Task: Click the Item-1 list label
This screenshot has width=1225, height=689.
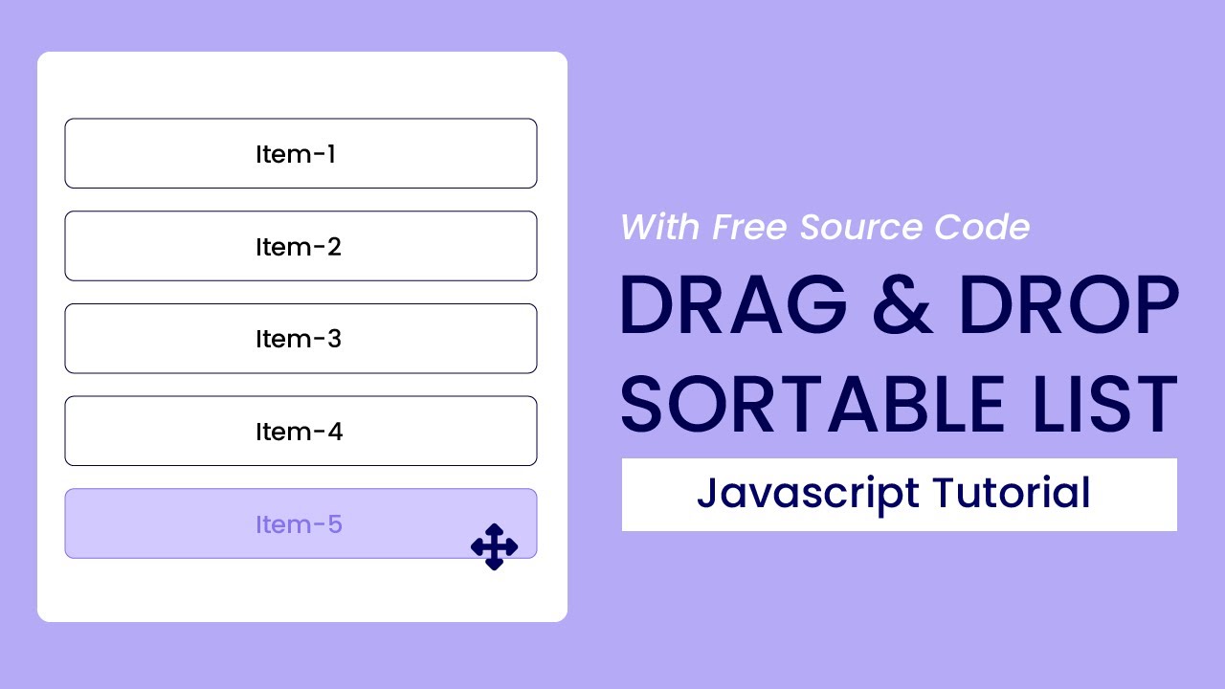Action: pos(295,154)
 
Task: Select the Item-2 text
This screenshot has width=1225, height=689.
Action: pos(298,247)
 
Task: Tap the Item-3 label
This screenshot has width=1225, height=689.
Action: pos(298,339)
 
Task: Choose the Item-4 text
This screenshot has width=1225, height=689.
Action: pos(299,432)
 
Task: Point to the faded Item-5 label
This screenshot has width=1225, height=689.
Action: pos(299,524)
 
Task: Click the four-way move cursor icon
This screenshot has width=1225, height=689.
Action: pos(494,546)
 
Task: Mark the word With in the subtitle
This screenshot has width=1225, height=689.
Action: pos(661,228)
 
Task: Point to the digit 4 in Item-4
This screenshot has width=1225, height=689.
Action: pos(334,432)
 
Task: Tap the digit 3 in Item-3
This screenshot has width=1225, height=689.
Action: pos(334,339)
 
